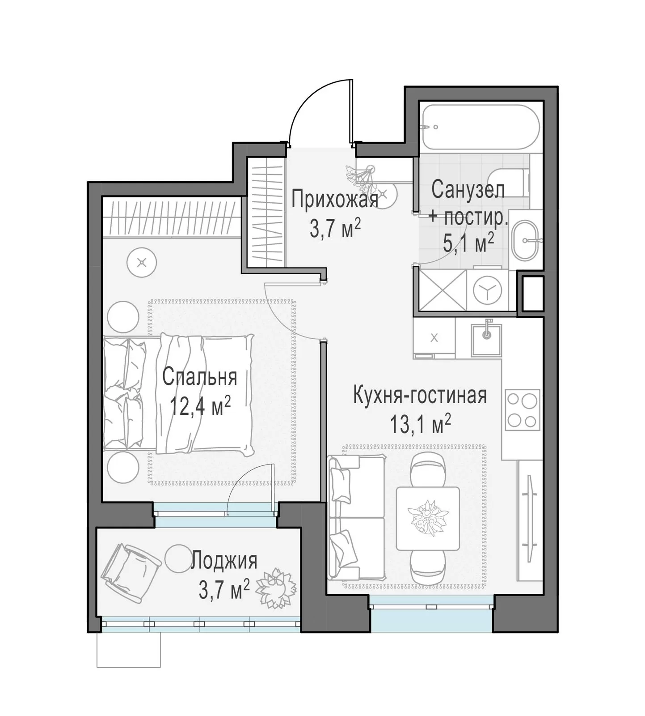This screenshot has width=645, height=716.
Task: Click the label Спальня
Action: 199,377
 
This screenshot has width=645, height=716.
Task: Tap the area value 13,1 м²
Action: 420,423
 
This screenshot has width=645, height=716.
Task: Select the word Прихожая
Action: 335,199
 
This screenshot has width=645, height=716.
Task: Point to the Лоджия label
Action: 224,561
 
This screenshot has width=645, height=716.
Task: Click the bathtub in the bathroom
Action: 481,127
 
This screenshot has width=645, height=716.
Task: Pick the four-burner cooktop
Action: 522,410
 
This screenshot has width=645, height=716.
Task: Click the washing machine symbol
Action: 487,290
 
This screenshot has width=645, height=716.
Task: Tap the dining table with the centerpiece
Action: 428,519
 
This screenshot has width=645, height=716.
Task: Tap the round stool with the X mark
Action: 142,263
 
